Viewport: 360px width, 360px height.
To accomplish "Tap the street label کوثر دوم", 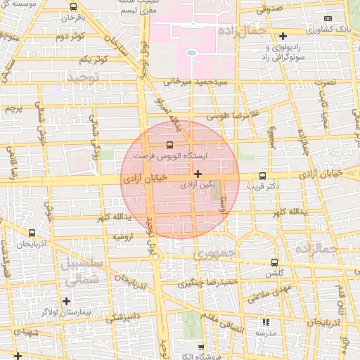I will pyautogui.click(x=70, y=36).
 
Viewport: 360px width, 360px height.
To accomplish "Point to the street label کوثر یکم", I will pyautogui.click(x=94, y=59).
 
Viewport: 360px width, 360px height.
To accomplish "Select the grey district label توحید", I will pyautogui.click(x=86, y=77).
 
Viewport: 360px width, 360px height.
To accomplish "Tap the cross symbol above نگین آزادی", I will pyautogui.click(x=198, y=173).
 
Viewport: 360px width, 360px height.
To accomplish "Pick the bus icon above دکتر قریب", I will pyautogui.click(x=263, y=176).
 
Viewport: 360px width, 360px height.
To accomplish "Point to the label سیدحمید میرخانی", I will pyautogui.click(x=196, y=82).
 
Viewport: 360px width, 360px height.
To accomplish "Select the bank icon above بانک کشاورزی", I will pyautogui.click(x=328, y=18).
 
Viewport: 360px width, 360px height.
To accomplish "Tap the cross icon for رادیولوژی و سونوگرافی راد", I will pyautogui.click(x=283, y=36).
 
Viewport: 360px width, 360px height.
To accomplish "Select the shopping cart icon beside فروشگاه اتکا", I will pyautogui.click(x=202, y=347).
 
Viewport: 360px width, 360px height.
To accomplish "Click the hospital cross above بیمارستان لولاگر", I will pyautogui.click(x=67, y=301).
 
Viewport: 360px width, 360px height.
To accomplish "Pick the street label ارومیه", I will pyautogui.click(x=124, y=237).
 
